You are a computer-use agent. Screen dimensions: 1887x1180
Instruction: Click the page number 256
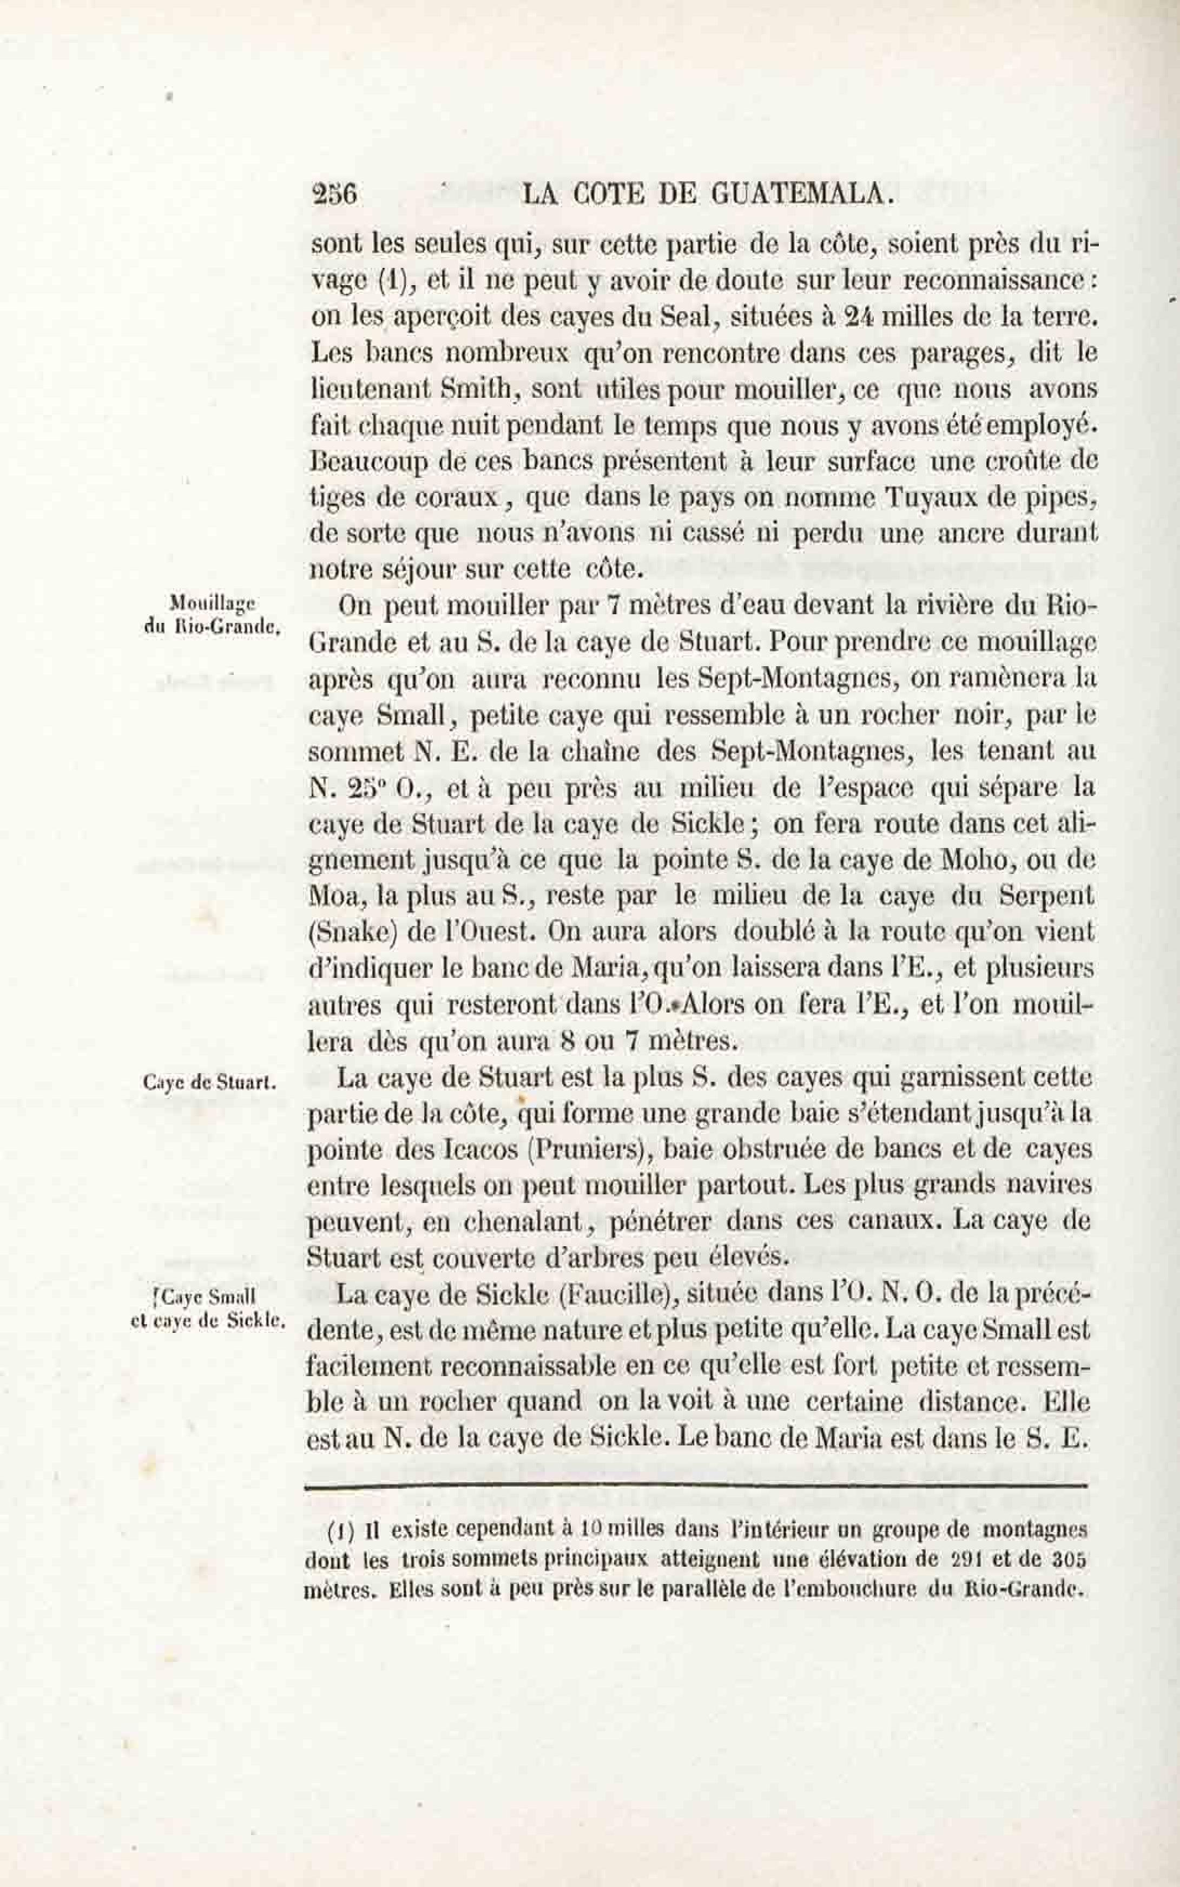point(334,193)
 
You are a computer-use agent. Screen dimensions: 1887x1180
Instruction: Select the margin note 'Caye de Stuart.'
point(207,1082)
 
